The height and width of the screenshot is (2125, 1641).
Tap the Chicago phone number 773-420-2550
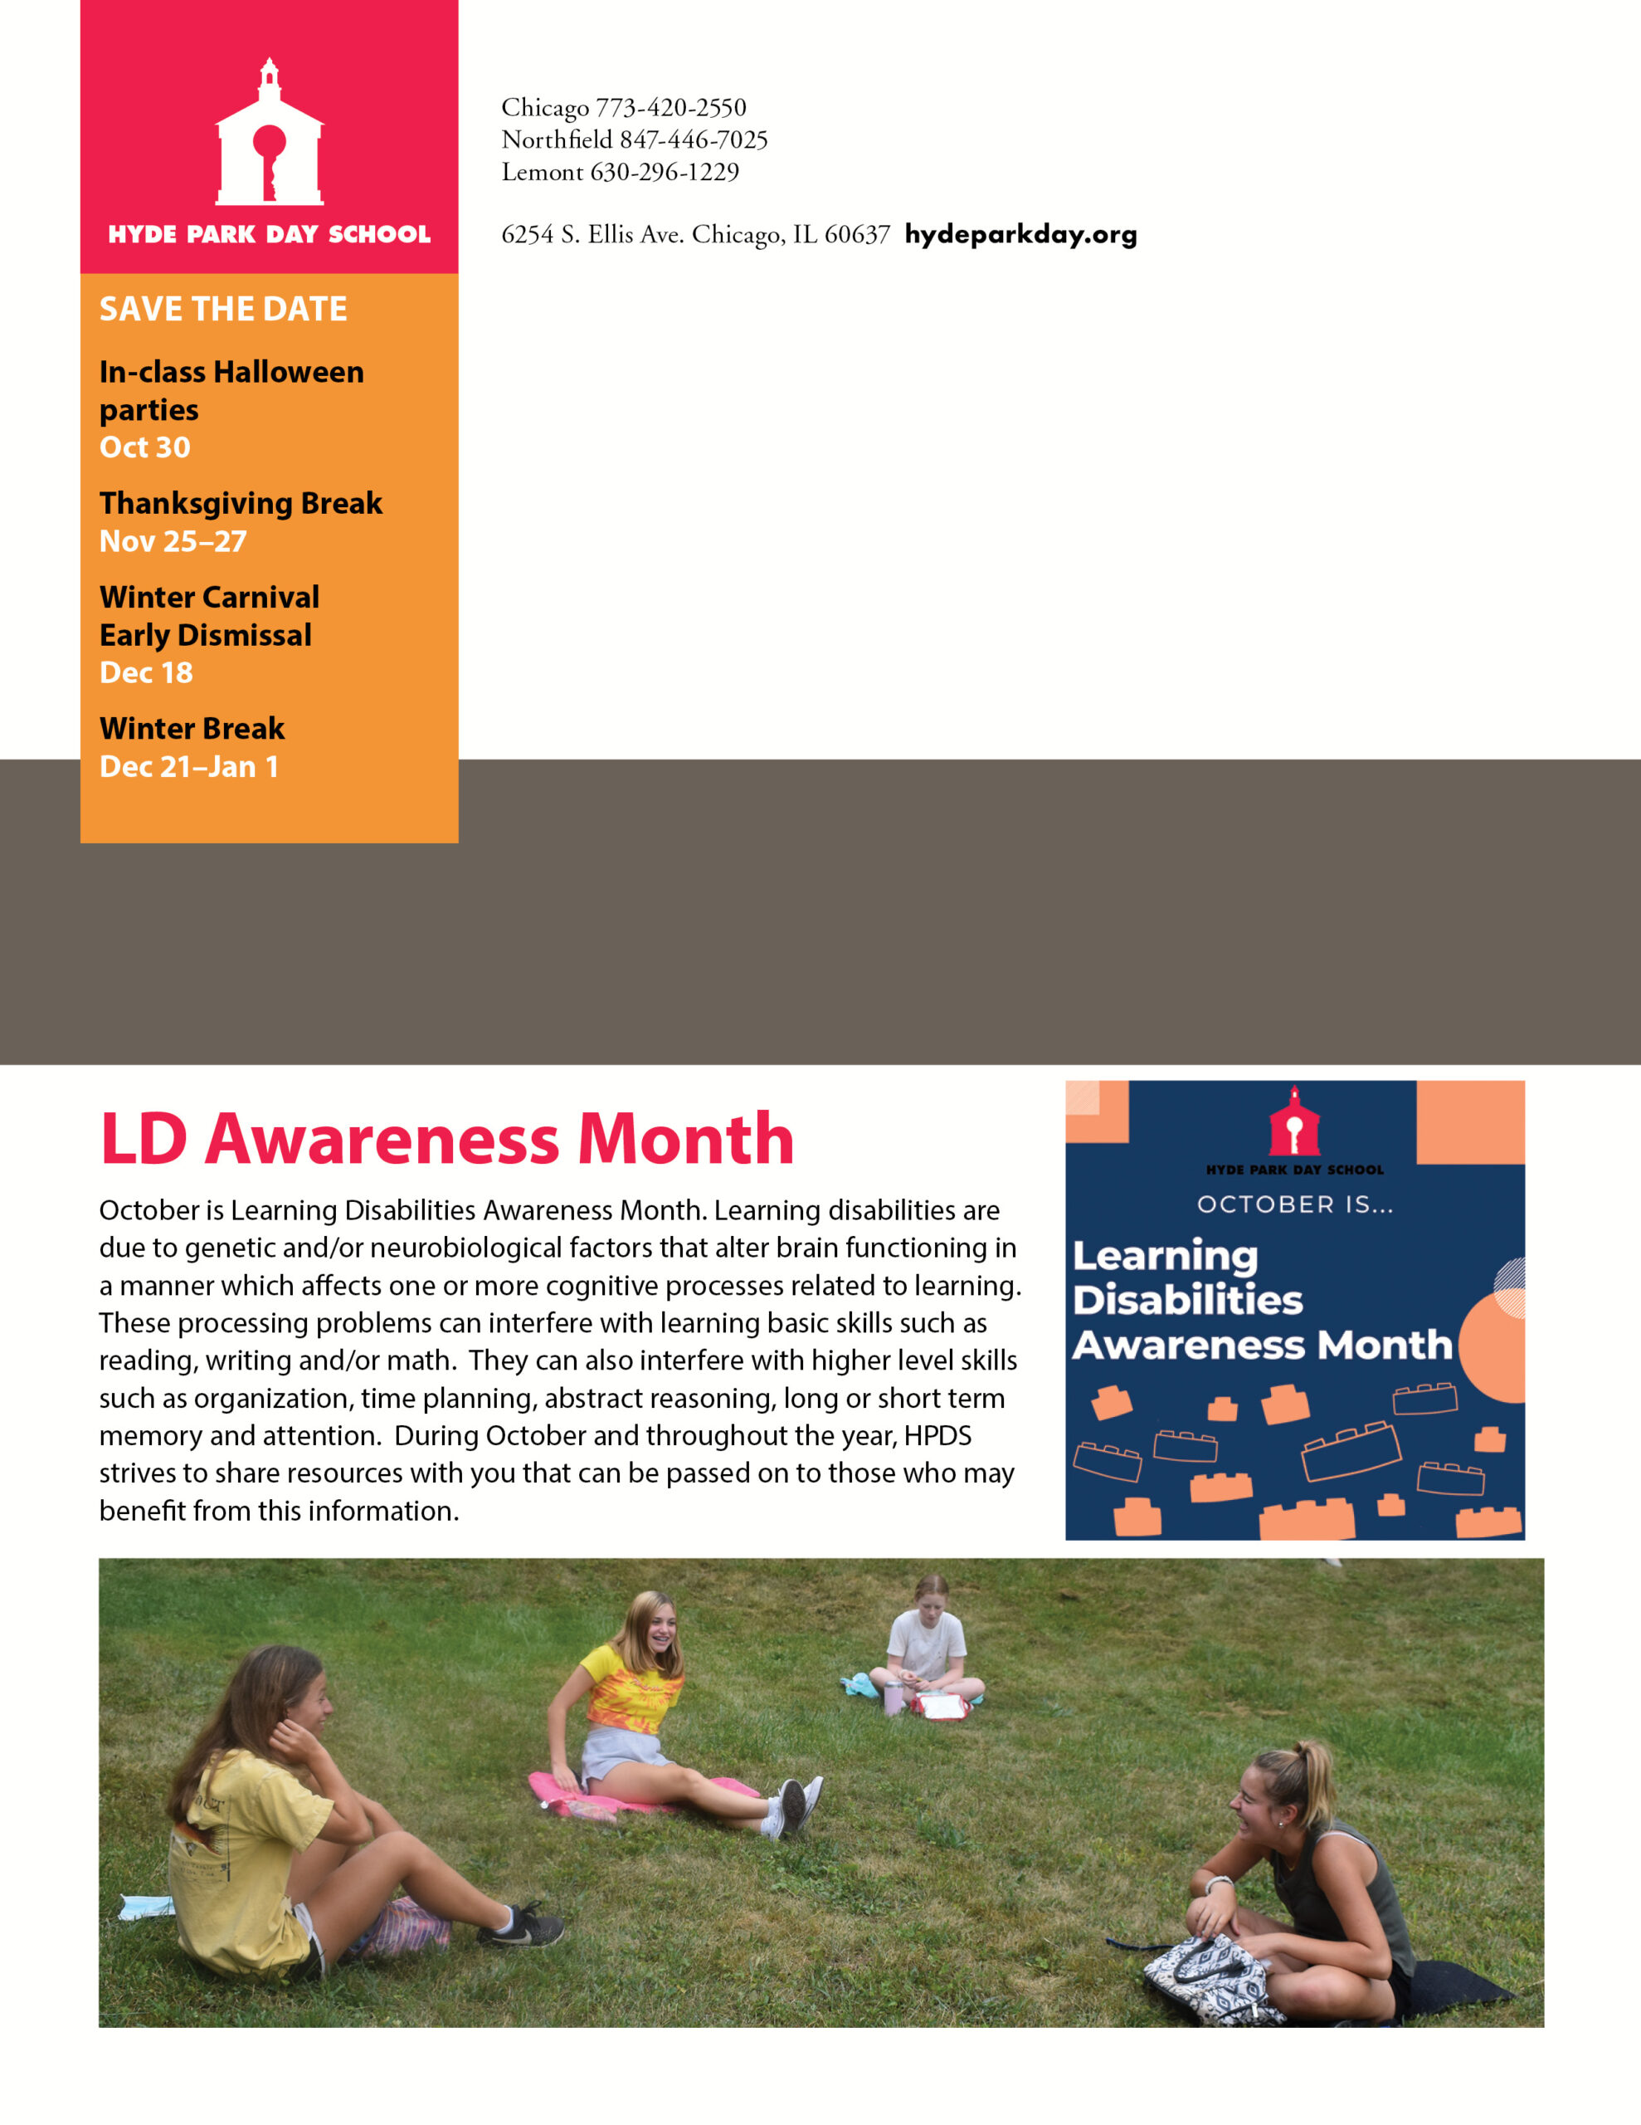670,107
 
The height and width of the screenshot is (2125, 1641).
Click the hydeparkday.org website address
1020,234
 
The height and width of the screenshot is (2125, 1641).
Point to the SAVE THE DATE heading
223,310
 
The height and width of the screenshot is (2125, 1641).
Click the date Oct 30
145,447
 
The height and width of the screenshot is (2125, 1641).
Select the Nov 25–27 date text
173,541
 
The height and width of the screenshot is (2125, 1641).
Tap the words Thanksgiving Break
241,503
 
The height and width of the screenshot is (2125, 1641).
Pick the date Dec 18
146,672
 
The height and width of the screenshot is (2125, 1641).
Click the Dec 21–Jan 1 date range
188,767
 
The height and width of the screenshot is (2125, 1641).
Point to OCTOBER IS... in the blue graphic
1295,1204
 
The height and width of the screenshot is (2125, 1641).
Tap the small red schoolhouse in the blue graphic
1293,1122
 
